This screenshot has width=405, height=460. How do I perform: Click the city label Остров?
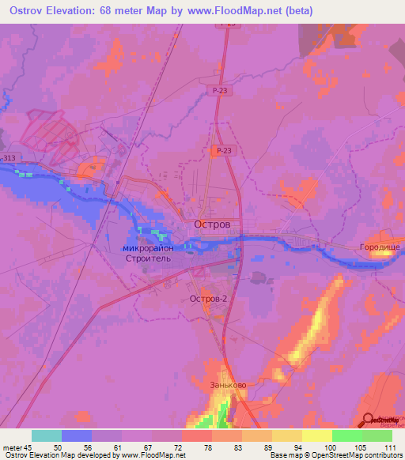212,224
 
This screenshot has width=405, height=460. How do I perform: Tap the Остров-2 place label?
209,299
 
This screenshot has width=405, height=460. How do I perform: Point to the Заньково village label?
228,385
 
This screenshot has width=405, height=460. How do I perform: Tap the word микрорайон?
154,247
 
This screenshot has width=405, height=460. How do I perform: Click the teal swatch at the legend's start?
46,435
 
